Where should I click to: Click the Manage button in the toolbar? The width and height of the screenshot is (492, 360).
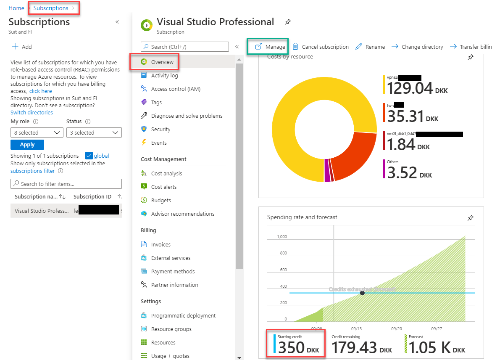[270, 47]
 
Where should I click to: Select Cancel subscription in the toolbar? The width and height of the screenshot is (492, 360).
[321, 47]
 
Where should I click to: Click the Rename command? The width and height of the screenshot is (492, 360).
[370, 47]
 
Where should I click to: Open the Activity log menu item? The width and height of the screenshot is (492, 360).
[164, 76]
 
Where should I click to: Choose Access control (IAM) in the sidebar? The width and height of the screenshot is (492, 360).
[176, 89]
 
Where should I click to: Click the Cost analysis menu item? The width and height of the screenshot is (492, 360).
[166, 174]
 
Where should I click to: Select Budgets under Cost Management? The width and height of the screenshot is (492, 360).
[161, 201]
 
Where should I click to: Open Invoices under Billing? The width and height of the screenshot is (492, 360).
[160, 245]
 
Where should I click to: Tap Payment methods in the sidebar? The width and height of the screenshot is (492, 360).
[173, 272]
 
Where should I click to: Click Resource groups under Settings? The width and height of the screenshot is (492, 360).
[171, 329]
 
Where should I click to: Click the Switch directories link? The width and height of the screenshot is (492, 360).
[32, 113]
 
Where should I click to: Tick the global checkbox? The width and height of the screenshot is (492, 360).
[89, 156]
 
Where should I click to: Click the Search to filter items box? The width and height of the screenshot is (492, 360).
[66, 184]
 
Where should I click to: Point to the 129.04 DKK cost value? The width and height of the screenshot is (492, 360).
[410, 88]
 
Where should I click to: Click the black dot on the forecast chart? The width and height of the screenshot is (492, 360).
[362, 293]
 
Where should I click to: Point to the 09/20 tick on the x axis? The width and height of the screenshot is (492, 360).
[397, 328]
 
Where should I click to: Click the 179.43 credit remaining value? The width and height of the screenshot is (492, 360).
[355, 348]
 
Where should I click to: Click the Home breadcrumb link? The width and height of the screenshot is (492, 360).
[16, 8]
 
